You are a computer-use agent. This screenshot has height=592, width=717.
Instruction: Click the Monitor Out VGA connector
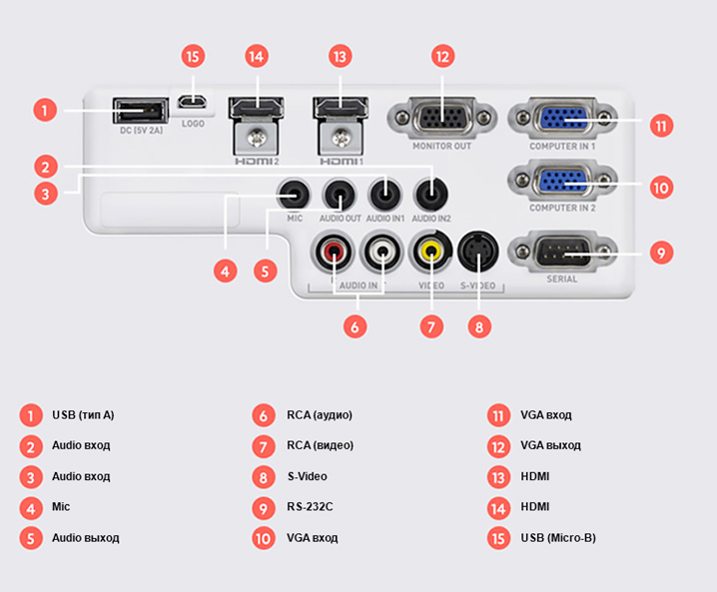point(441,117)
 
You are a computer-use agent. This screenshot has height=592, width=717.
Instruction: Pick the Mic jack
point(294,190)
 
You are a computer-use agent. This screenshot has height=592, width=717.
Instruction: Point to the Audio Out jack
point(340,190)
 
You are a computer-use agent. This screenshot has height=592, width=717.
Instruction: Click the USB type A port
point(140,110)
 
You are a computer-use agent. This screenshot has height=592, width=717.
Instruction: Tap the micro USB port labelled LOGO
point(194,102)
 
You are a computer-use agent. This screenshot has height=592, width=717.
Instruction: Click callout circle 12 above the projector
point(442,56)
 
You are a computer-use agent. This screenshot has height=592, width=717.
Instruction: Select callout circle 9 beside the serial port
point(660,252)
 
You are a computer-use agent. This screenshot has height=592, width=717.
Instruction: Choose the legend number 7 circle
point(264,446)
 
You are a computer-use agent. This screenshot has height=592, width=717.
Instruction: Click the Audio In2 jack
point(430,190)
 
